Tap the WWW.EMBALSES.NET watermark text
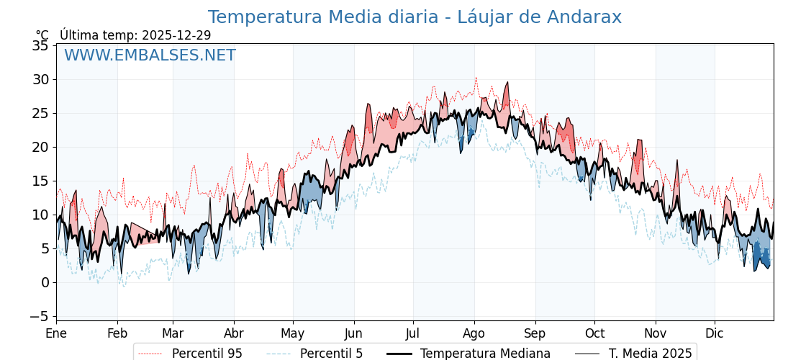tap(150, 55)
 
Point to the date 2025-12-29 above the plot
tap(176, 35)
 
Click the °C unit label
tap(42, 35)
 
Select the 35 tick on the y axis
tap(42, 46)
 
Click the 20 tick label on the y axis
tap(42, 147)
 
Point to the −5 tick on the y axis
tap(39, 316)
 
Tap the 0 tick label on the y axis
tap(45, 282)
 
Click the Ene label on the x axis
tap(56, 333)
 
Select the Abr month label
tap(234, 333)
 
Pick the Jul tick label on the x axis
tap(413, 333)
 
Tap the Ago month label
tap(474, 333)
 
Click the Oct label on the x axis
tap(594, 333)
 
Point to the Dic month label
tap(715, 333)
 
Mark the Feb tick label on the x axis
tap(117, 333)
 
